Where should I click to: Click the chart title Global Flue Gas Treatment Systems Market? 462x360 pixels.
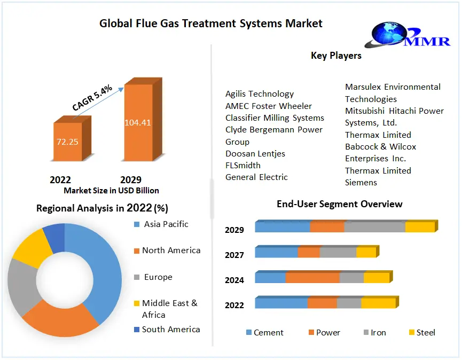pos(211,24)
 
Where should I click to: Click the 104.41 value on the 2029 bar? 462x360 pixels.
pos(137,122)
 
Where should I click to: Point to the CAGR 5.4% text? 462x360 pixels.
pos(92,99)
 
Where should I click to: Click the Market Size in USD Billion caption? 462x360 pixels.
pos(111,190)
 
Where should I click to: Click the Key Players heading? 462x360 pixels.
pos(336,56)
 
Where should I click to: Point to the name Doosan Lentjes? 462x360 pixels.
pos(255,153)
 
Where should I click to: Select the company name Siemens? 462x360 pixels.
pos(361,182)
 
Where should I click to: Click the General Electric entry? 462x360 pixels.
pos(256,177)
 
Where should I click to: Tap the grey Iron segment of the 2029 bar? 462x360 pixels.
pos(374,227)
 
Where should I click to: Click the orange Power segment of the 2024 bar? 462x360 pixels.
pos(312,278)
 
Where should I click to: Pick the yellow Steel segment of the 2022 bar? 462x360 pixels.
pos(378,303)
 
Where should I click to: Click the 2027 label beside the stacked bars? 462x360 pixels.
pos(234,255)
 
